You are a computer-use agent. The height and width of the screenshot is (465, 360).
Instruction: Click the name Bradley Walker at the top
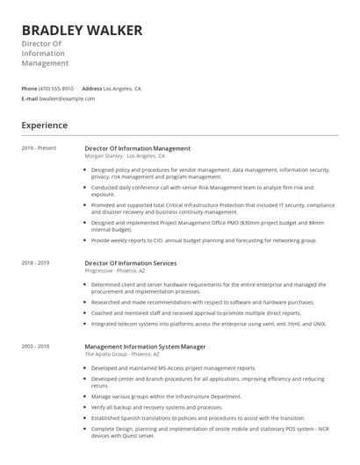click(x=82, y=31)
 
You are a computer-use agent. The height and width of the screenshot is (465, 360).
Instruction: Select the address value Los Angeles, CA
click(x=122, y=89)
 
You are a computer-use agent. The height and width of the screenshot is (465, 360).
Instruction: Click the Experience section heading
click(x=45, y=125)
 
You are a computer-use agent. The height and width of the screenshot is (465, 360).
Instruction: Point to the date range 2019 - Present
click(x=39, y=148)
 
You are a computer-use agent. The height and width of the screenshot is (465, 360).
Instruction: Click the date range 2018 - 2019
click(x=35, y=262)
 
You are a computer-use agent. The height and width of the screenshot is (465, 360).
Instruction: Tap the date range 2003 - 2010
click(x=35, y=346)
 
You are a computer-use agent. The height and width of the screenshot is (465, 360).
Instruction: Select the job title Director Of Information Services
click(x=130, y=262)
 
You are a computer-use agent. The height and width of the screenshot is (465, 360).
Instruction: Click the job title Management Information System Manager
click(x=144, y=346)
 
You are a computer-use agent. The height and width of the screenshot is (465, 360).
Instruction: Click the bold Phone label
click(x=29, y=89)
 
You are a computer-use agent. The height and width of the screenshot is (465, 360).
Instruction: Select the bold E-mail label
click(x=30, y=99)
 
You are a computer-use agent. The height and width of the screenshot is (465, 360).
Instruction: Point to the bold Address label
click(x=91, y=89)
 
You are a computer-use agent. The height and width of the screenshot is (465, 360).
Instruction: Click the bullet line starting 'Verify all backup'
click(x=156, y=407)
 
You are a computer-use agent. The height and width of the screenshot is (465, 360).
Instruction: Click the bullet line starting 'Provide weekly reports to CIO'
click(x=204, y=240)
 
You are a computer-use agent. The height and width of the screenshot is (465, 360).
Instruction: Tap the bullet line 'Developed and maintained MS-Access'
click(x=173, y=368)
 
